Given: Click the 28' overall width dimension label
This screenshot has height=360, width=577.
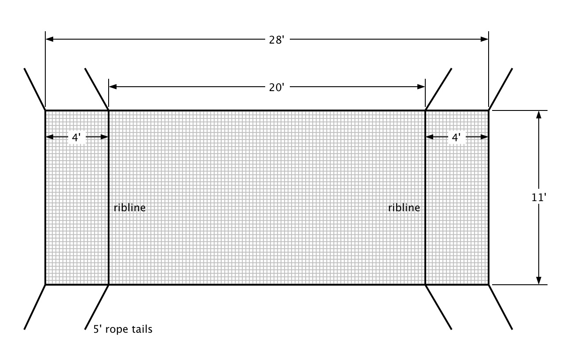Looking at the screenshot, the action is click(277, 39).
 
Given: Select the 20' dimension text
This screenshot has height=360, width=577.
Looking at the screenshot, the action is click(277, 87).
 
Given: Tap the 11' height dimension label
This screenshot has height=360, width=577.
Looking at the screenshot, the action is click(539, 197).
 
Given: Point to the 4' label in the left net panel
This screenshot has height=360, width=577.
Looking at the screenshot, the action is click(77, 137).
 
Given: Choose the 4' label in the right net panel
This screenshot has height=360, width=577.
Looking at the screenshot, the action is click(456, 137).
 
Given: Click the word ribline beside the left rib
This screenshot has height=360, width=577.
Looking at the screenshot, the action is click(129, 208).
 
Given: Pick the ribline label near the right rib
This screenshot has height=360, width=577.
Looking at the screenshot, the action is click(404, 208).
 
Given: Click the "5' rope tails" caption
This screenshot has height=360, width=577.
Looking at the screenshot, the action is click(123, 329).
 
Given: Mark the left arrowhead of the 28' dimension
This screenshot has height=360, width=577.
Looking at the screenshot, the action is click(49, 39).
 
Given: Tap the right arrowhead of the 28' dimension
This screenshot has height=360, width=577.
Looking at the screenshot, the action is click(484, 39).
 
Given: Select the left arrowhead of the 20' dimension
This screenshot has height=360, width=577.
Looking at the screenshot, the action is click(113, 87).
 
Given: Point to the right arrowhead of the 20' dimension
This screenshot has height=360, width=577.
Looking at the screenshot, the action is click(421, 87).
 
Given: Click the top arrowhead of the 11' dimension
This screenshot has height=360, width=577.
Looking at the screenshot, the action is click(539, 114).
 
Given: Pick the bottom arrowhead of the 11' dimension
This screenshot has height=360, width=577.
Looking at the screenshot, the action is click(539, 280).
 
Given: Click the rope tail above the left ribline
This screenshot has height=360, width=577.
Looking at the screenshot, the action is click(97, 89).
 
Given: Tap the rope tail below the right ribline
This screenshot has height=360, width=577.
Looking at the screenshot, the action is click(438, 307).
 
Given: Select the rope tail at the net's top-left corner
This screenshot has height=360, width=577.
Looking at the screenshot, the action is click(35, 89).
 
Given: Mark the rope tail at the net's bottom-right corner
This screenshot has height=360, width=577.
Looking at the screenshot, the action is click(500, 307).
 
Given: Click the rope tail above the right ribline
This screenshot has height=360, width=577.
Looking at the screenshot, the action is click(438, 89).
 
